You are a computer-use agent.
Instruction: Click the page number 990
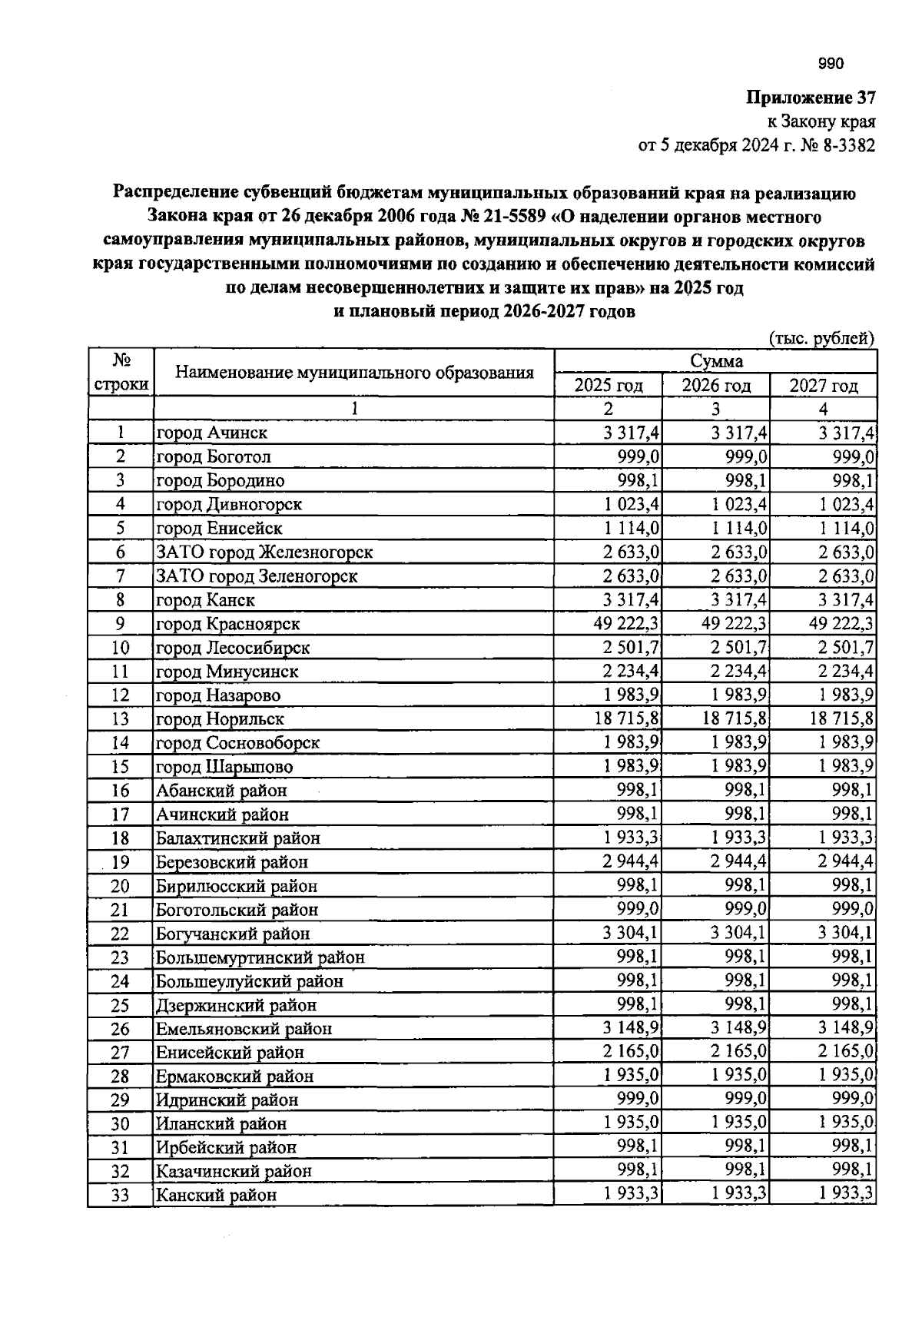(831, 65)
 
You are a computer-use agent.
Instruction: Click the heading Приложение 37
(811, 98)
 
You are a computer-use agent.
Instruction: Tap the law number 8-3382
(848, 146)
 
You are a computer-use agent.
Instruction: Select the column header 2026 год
(716, 386)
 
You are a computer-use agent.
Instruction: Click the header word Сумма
(716, 361)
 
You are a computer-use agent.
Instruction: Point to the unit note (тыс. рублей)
(821, 338)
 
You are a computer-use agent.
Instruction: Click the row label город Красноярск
(228, 624)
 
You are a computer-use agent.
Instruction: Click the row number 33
(121, 1196)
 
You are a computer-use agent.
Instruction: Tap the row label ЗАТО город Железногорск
(264, 552)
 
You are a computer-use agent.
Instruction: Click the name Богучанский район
(233, 934)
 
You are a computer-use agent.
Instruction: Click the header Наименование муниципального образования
(354, 373)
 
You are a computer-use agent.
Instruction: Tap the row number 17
(121, 814)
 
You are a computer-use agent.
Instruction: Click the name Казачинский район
(234, 1172)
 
